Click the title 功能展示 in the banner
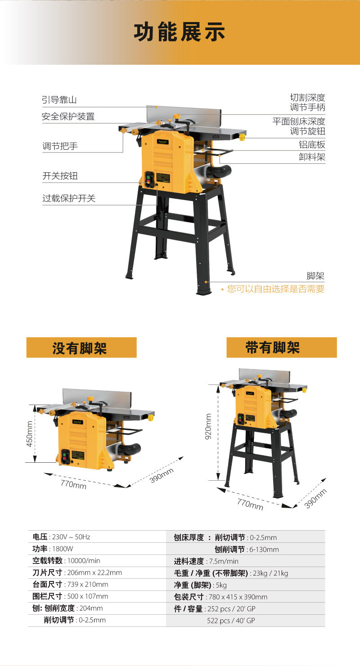pos(180,32)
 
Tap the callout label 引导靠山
pos(59,99)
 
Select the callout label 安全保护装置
pos(68,116)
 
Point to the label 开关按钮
pos(60,176)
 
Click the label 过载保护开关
pos(69,198)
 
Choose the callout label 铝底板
pos(312,144)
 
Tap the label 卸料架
pos(312,156)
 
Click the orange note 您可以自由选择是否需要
pos(275,289)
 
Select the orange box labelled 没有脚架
pos(81,347)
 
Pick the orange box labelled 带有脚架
pos(281,347)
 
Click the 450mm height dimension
pos(29,434)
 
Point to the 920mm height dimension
pos(208,426)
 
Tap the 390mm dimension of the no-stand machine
pos(161,475)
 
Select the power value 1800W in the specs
pos(63,549)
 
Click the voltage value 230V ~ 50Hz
pos(71,536)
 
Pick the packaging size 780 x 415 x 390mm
pos(238,597)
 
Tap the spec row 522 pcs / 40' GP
pos(231,621)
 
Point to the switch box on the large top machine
pos(149,179)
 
